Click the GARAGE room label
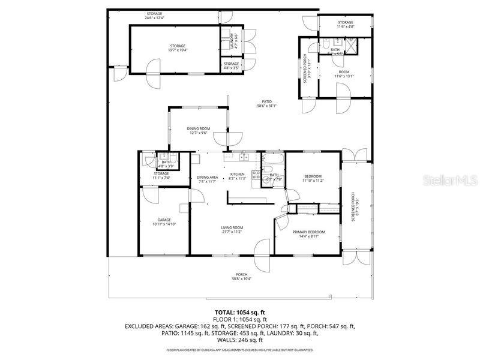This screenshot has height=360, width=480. (x=164, y=222)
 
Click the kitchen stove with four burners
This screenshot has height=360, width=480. (x=256, y=176)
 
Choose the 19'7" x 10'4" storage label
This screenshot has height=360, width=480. (x=176, y=48)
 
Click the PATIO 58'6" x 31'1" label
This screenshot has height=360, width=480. (x=266, y=103)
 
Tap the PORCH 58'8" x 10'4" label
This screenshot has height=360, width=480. (x=241, y=277)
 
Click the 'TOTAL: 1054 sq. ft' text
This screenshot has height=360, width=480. (x=240, y=313)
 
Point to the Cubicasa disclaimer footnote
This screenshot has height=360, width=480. (x=240, y=349)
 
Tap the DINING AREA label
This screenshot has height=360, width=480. (x=207, y=179)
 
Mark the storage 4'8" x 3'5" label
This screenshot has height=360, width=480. (x=232, y=65)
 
